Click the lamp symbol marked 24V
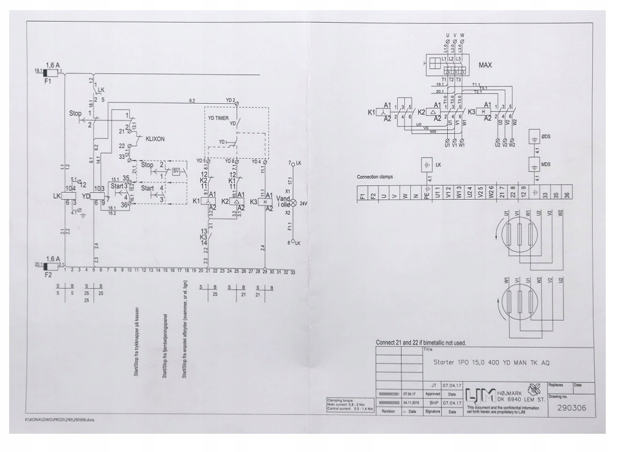click(x=293, y=203)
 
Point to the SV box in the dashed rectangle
click(x=175, y=171)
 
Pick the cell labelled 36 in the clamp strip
click(x=568, y=192)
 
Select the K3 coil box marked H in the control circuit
click(x=264, y=201)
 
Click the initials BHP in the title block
click(x=432, y=402)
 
